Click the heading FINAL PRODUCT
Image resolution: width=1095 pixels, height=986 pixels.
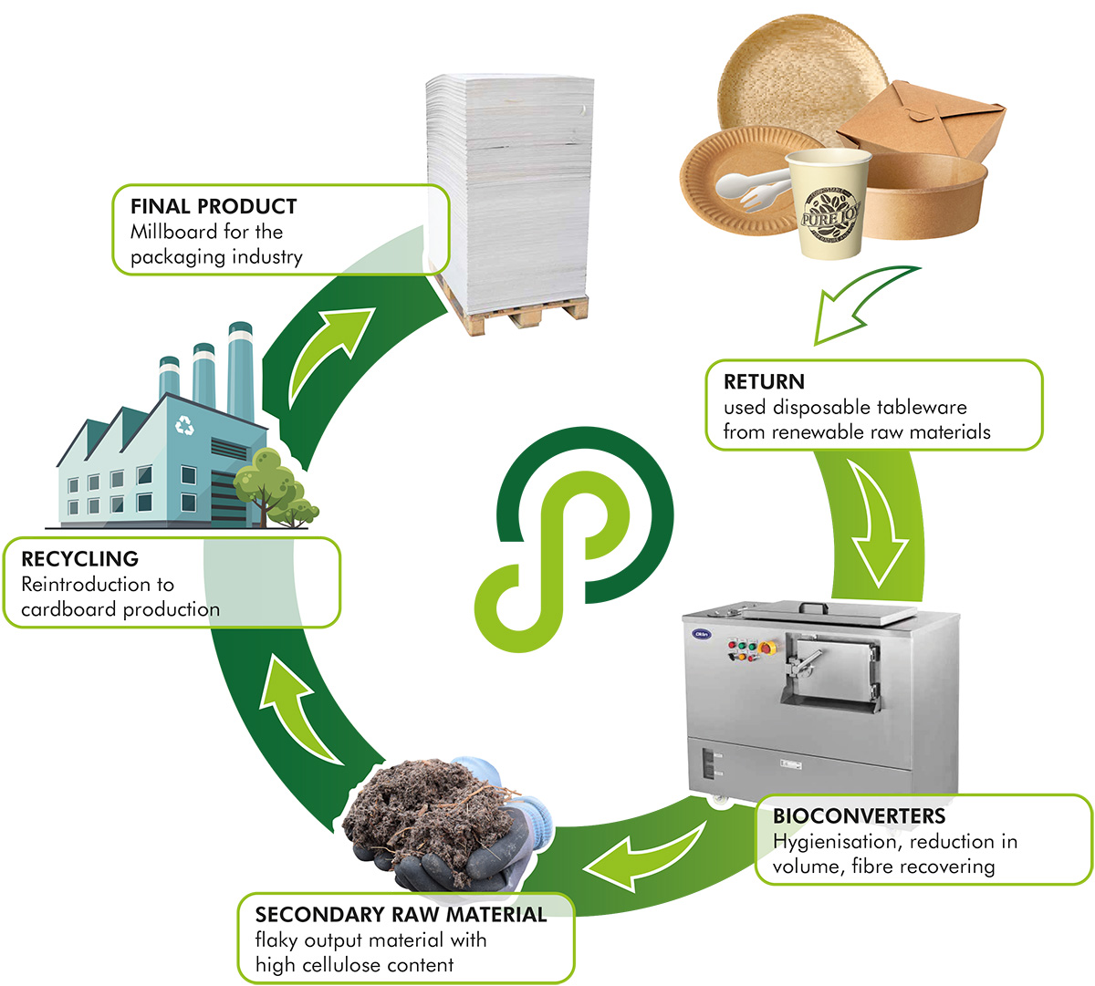click(x=214, y=206)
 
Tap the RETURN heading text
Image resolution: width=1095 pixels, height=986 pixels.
click(x=764, y=381)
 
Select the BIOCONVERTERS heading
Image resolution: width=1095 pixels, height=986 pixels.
click(x=859, y=815)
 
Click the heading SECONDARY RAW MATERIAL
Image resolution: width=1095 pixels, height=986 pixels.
click(x=401, y=914)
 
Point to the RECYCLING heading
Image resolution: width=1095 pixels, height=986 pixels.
click(x=80, y=558)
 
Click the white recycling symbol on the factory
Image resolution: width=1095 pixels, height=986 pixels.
click(x=184, y=424)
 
